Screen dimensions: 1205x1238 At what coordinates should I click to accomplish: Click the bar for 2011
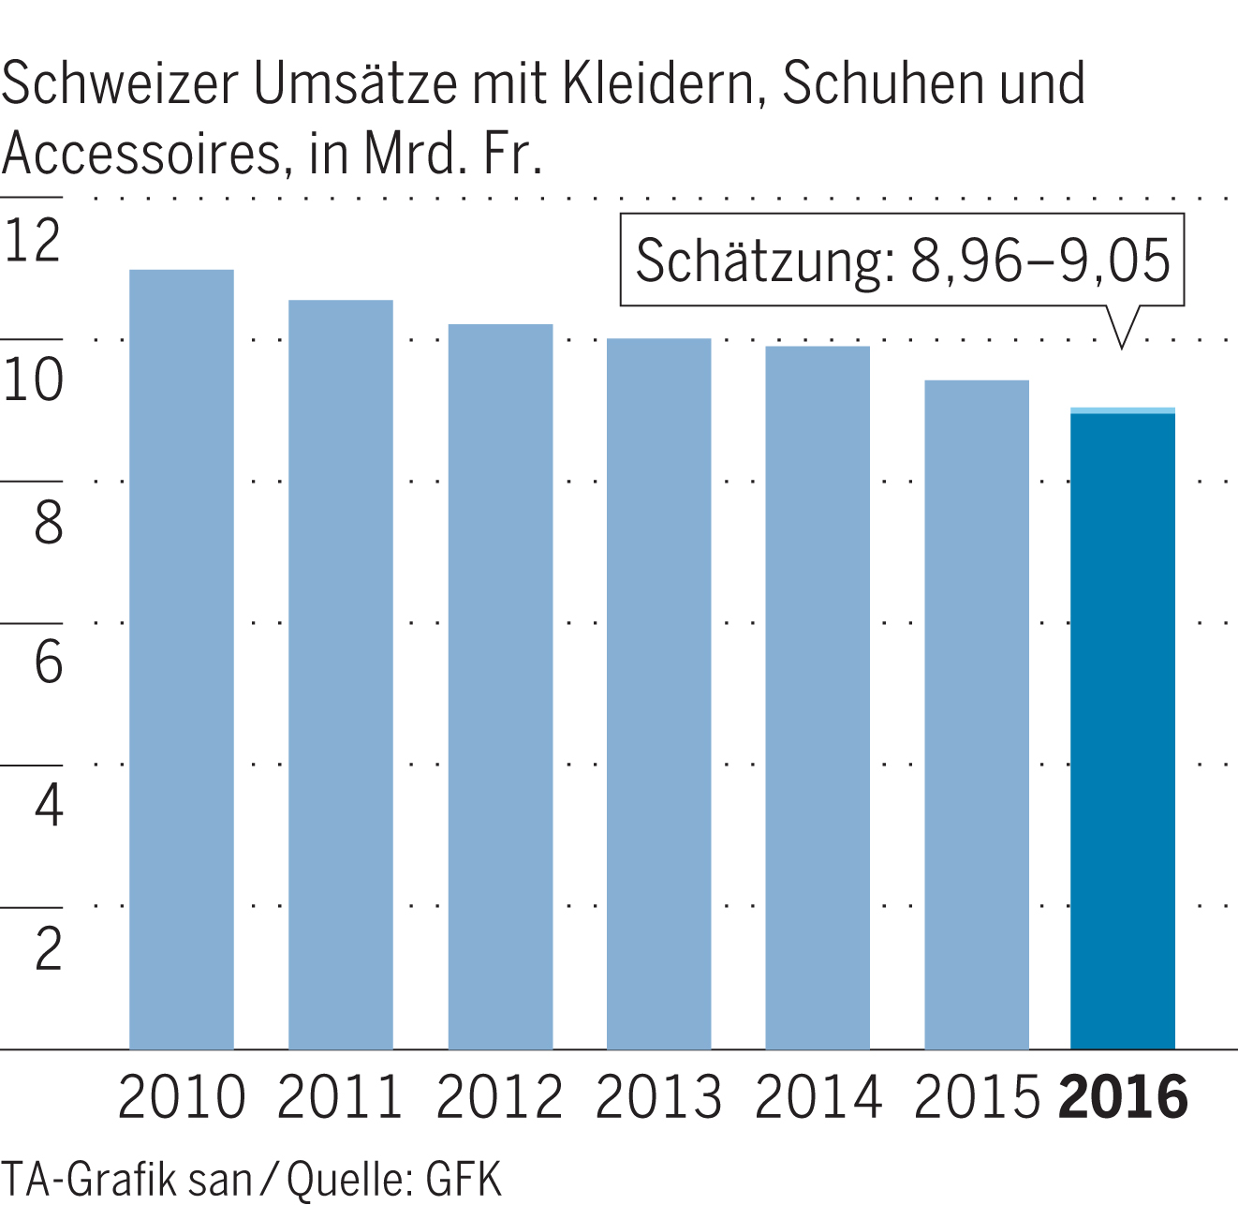click(x=340, y=674)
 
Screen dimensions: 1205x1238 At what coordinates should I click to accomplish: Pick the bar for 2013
click(x=658, y=693)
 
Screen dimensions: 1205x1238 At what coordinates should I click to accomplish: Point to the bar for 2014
click(x=818, y=697)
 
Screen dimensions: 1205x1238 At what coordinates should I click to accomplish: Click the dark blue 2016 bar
click(x=1122, y=731)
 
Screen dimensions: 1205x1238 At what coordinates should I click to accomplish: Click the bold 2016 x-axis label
click(x=1123, y=1096)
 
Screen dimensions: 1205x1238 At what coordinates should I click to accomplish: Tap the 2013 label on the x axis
click(x=658, y=1096)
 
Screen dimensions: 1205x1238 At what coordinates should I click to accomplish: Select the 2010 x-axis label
click(x=181, y=1096)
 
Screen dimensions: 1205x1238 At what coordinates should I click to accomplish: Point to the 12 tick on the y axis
click(x=33, y=240)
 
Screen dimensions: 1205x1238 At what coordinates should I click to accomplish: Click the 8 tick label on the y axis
click(x=48, y=522)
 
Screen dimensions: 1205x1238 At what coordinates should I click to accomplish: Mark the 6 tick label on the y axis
click(x=48, y=662)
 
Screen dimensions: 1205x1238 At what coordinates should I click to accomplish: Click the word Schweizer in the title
click(x=120, y=84)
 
